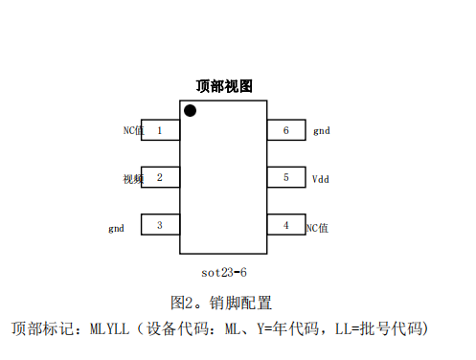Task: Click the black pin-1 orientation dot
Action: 190,111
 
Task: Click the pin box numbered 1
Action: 160,129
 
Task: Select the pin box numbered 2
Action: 160,177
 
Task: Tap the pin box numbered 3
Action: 160,225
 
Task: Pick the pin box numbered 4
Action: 285,225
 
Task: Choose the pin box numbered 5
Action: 285,177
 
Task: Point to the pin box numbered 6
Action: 285,129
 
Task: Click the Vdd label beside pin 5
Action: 322,178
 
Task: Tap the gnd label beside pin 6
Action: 322,130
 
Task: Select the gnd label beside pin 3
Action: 116,228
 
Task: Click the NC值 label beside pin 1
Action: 132,129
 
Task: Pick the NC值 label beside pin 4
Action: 317,227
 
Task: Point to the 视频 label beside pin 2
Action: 132,178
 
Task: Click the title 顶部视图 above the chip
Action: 224,86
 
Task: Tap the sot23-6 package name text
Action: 224,271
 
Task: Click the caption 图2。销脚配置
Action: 221,303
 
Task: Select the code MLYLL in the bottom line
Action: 109,329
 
